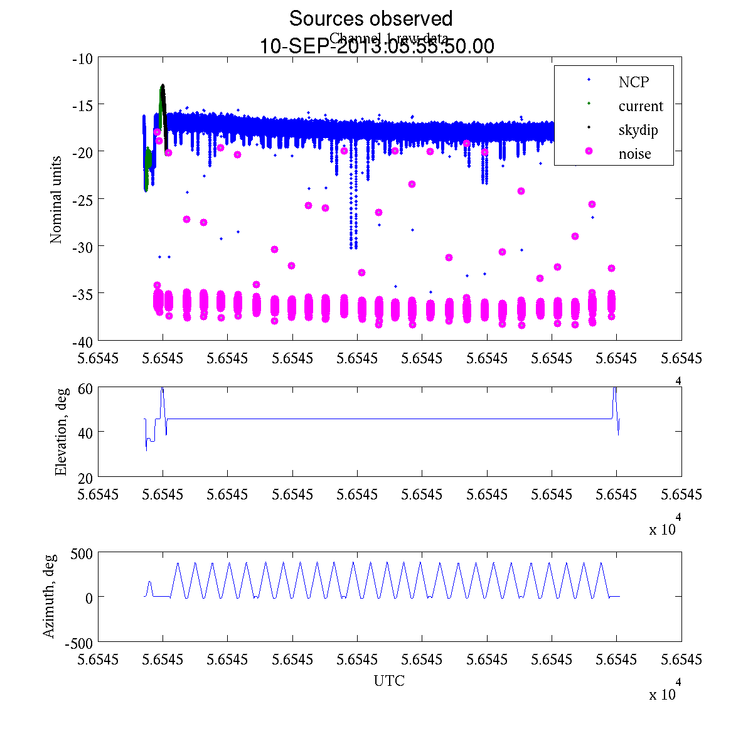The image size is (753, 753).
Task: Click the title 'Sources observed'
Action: (x=370, y=18)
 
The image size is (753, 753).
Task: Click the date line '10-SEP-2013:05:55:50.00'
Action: (x=376, y=46)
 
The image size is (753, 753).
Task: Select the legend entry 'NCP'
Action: (x=633, y=82)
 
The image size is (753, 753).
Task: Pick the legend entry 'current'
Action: (x=640, y=106)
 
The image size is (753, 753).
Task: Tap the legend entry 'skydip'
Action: (x=638, y=130)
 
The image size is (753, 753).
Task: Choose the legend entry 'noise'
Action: (x=634, y=154)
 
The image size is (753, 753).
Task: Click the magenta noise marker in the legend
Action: (x=589, y=151)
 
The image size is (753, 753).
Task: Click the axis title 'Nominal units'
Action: (x=56, y=200)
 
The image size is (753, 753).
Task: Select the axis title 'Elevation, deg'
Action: (x=61, y=432)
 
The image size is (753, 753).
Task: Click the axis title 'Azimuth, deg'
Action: (x=49, y=596)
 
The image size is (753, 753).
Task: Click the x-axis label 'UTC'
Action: (x=389, y=681)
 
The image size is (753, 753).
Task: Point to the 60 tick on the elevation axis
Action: (x=86, y=388)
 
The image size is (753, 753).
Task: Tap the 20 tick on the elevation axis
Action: (x=86, y=477)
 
